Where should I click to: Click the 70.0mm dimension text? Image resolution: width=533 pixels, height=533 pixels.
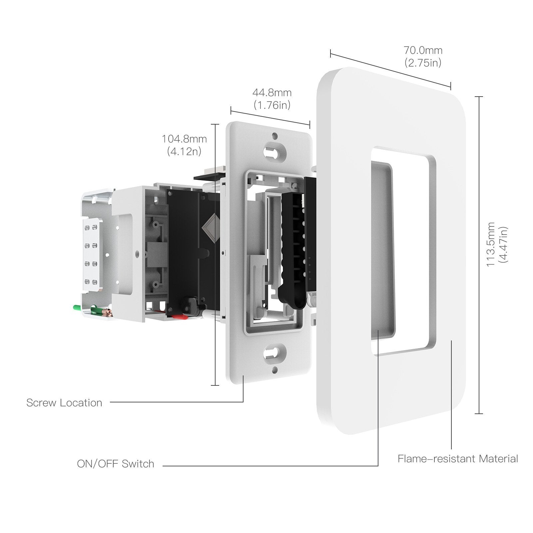coord(423,51)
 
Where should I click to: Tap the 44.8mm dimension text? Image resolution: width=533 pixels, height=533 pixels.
coord(272,92)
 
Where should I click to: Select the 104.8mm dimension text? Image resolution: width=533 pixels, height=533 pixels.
coord(184,139)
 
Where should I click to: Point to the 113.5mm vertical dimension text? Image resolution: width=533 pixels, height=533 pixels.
coord(490,245)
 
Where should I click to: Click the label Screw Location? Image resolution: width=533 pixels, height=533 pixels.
coord(64,403)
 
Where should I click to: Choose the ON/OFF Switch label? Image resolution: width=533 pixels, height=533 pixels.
coord(116,464)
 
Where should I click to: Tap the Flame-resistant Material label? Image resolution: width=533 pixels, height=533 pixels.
coord(458,459)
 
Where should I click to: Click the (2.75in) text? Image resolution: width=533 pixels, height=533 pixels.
coord(423,63)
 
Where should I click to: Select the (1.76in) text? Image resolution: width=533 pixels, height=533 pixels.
coord(272,105)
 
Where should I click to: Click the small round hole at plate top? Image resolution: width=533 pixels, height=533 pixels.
coord(275,136)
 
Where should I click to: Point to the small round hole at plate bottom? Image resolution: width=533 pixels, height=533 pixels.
coord(275,370)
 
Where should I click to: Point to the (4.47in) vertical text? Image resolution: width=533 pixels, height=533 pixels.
coord(503,245)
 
